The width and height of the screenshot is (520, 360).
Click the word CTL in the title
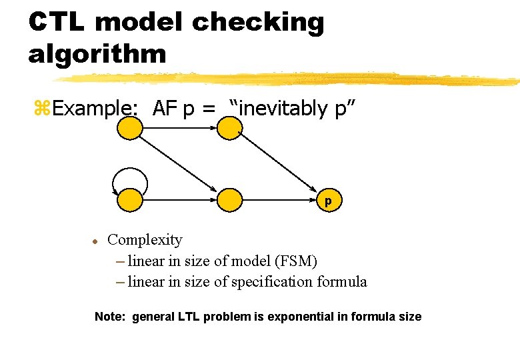(56, 22)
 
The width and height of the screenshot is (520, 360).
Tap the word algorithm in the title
(97, 53)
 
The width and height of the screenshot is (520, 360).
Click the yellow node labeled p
(328, 199)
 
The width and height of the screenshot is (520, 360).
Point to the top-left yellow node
(129, 128)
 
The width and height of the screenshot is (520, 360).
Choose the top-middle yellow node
(229, 128)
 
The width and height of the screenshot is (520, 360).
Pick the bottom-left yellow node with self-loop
(129, 199)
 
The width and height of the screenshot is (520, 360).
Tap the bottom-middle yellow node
(229, 199)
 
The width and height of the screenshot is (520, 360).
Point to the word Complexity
(145, 239)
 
